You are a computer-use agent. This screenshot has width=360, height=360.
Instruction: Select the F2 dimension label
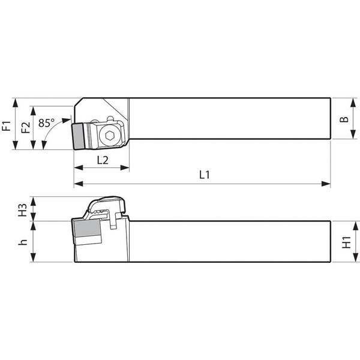[26, 127]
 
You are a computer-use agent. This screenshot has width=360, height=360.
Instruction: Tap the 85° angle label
[46, 122]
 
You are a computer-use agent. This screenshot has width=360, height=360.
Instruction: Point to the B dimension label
[344, 119]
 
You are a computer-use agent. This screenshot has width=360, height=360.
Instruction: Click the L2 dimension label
[102, 160]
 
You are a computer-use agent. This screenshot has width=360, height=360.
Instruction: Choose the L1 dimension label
[204, 175]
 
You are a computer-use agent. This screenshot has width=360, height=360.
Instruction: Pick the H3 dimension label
[23, 209]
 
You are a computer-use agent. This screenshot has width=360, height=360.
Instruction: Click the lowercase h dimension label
[23, 242]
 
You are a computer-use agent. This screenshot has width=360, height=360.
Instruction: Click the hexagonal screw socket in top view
[109, 136]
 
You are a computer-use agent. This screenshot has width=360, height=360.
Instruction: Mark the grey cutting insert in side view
[86, 230]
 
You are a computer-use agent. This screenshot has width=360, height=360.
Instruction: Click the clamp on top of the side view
[108, 208]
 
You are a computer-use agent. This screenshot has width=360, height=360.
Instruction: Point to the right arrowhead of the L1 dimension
[328, 183]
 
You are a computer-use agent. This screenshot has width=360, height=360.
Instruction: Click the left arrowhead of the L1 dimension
[77, 183]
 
